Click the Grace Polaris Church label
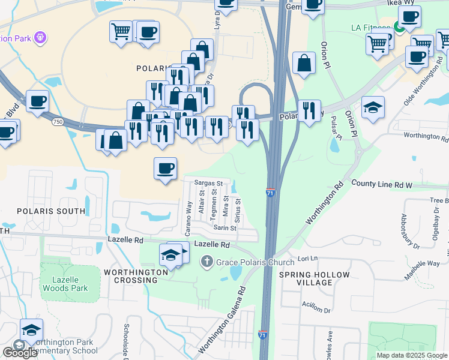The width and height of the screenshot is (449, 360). coord(255,262)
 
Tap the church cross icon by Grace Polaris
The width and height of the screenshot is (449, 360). coord(206,261)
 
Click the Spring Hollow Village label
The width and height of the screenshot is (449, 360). coord(314,279)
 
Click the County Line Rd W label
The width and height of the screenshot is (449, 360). coord(381,185)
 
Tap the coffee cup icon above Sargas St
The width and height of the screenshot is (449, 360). coord(165,168)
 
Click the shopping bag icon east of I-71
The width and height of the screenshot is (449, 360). coord(304,63)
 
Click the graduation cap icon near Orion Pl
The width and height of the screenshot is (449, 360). coord(373,107)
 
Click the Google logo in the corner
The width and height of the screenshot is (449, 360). coord(19,352)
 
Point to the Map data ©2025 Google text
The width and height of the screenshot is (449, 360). coord(411,355)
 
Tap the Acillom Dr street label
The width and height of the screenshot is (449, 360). coord(316,310)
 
